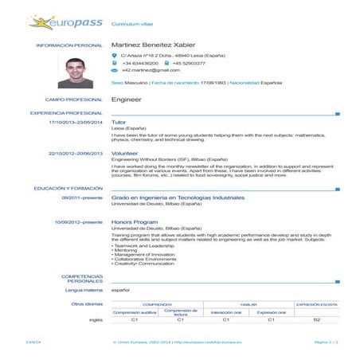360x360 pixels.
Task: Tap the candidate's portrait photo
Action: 80,72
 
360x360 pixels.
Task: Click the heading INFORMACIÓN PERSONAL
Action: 70,45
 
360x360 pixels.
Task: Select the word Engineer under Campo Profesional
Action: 126,100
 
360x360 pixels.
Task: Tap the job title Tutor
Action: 119,123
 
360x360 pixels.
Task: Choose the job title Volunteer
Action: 125,151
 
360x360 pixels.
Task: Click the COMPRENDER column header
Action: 158,304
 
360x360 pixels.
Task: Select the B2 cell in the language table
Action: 316,320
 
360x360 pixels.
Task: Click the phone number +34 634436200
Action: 139,62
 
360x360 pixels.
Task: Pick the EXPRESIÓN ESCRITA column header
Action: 316,304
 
